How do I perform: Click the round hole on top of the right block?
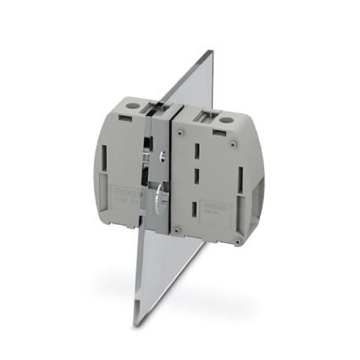click(226, 120)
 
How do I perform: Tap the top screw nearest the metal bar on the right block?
click(182, 133)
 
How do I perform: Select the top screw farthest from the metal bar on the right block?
click(233, 145)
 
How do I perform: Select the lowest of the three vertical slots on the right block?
click(193, 209)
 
